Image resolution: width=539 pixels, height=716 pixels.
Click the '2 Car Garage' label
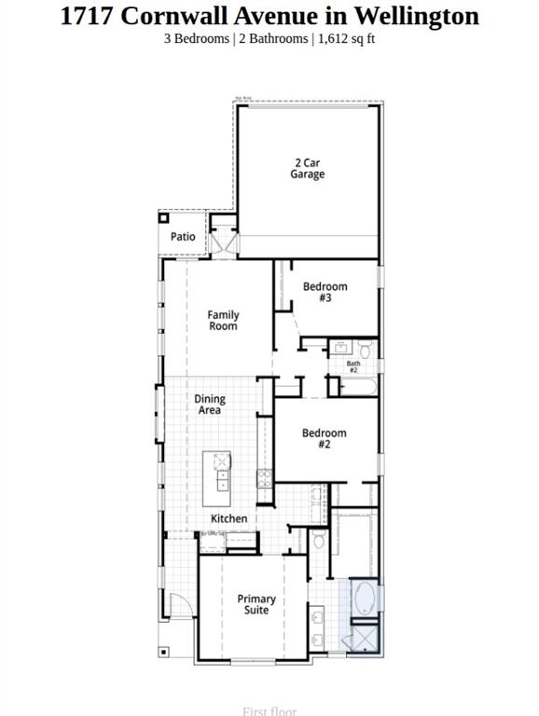[x=307, y=169]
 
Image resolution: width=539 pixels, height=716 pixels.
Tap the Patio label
[x=183, y=237]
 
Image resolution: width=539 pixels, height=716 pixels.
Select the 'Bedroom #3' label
[x=325, y=292]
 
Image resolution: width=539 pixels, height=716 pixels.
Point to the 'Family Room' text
[x=223, y=321]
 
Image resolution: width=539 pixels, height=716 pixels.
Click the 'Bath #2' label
[x=353, y=367]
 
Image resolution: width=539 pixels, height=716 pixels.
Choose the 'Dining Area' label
[x=210, y=405]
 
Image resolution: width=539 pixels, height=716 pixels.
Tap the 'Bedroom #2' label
[x=324, y=438]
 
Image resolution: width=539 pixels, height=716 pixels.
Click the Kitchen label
[x=228, y=518]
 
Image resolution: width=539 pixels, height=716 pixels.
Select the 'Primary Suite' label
[x=256, y=604]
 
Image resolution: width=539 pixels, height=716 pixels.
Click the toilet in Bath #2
[x=365, y=351]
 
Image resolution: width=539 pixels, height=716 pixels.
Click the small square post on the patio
[x=163, y=218]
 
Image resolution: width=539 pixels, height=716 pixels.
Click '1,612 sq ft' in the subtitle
[x=347, y=38]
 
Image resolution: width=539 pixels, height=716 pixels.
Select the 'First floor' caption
[x=269, y=710]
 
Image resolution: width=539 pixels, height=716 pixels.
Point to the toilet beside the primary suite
[x=318, y=541]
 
